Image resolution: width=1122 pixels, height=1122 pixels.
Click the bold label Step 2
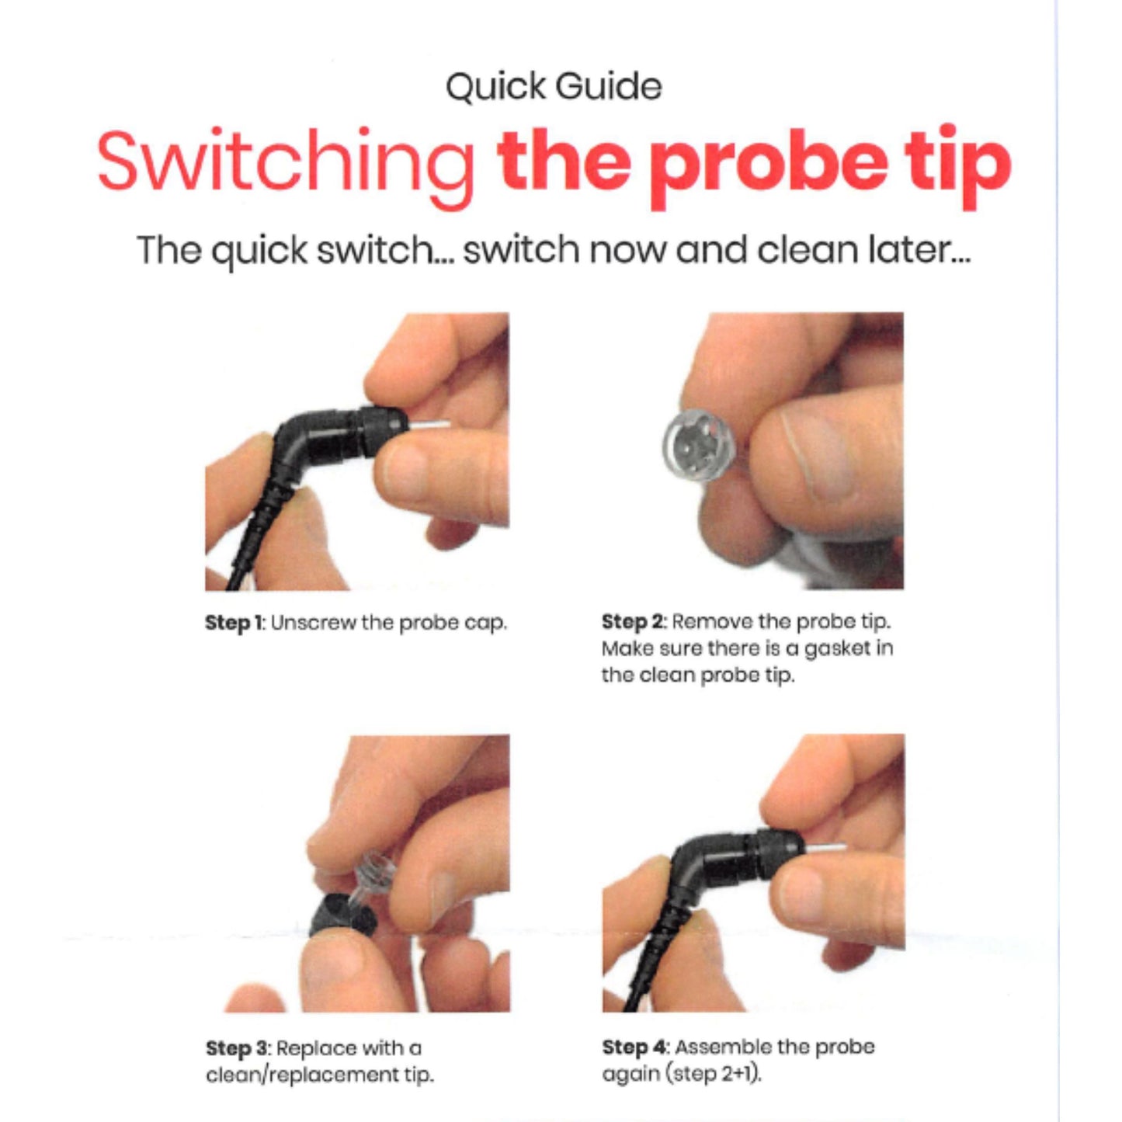point(633,623)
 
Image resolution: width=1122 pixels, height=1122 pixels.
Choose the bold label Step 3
point(237,1049)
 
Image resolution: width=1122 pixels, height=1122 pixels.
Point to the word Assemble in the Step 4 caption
point(723,1047)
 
